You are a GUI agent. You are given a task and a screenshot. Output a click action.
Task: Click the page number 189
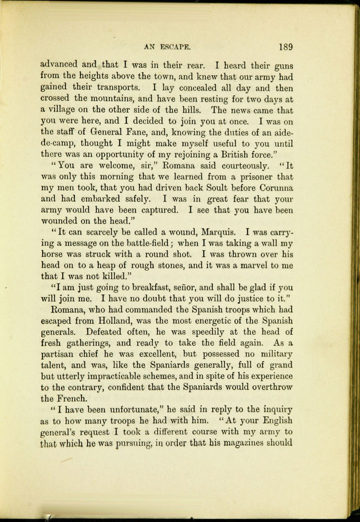285,46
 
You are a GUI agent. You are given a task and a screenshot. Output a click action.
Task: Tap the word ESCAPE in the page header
176,46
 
